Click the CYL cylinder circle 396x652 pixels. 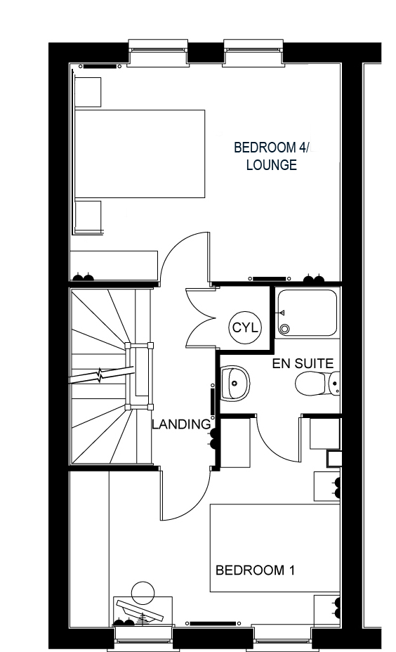pos(245,327)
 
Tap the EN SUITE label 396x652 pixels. pos(303,363)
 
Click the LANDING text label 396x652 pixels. pos(181,424)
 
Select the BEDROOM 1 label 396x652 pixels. pos(255,570)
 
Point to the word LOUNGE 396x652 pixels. pos(271,164)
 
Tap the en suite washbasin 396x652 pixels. pos(236,382)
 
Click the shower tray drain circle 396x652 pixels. pos(284,329)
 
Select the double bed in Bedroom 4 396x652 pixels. pos(140,153)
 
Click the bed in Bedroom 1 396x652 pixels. pos(275,547)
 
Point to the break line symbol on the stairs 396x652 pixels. pos(100,376)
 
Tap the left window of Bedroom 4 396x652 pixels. pos(157,53)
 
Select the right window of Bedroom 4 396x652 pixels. pos(254,53)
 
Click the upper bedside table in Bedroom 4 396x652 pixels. pos(88,92)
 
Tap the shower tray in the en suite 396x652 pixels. pos(307,313)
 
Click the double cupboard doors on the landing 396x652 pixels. pos(201,318)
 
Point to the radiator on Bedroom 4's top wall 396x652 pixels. pos(99,66)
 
